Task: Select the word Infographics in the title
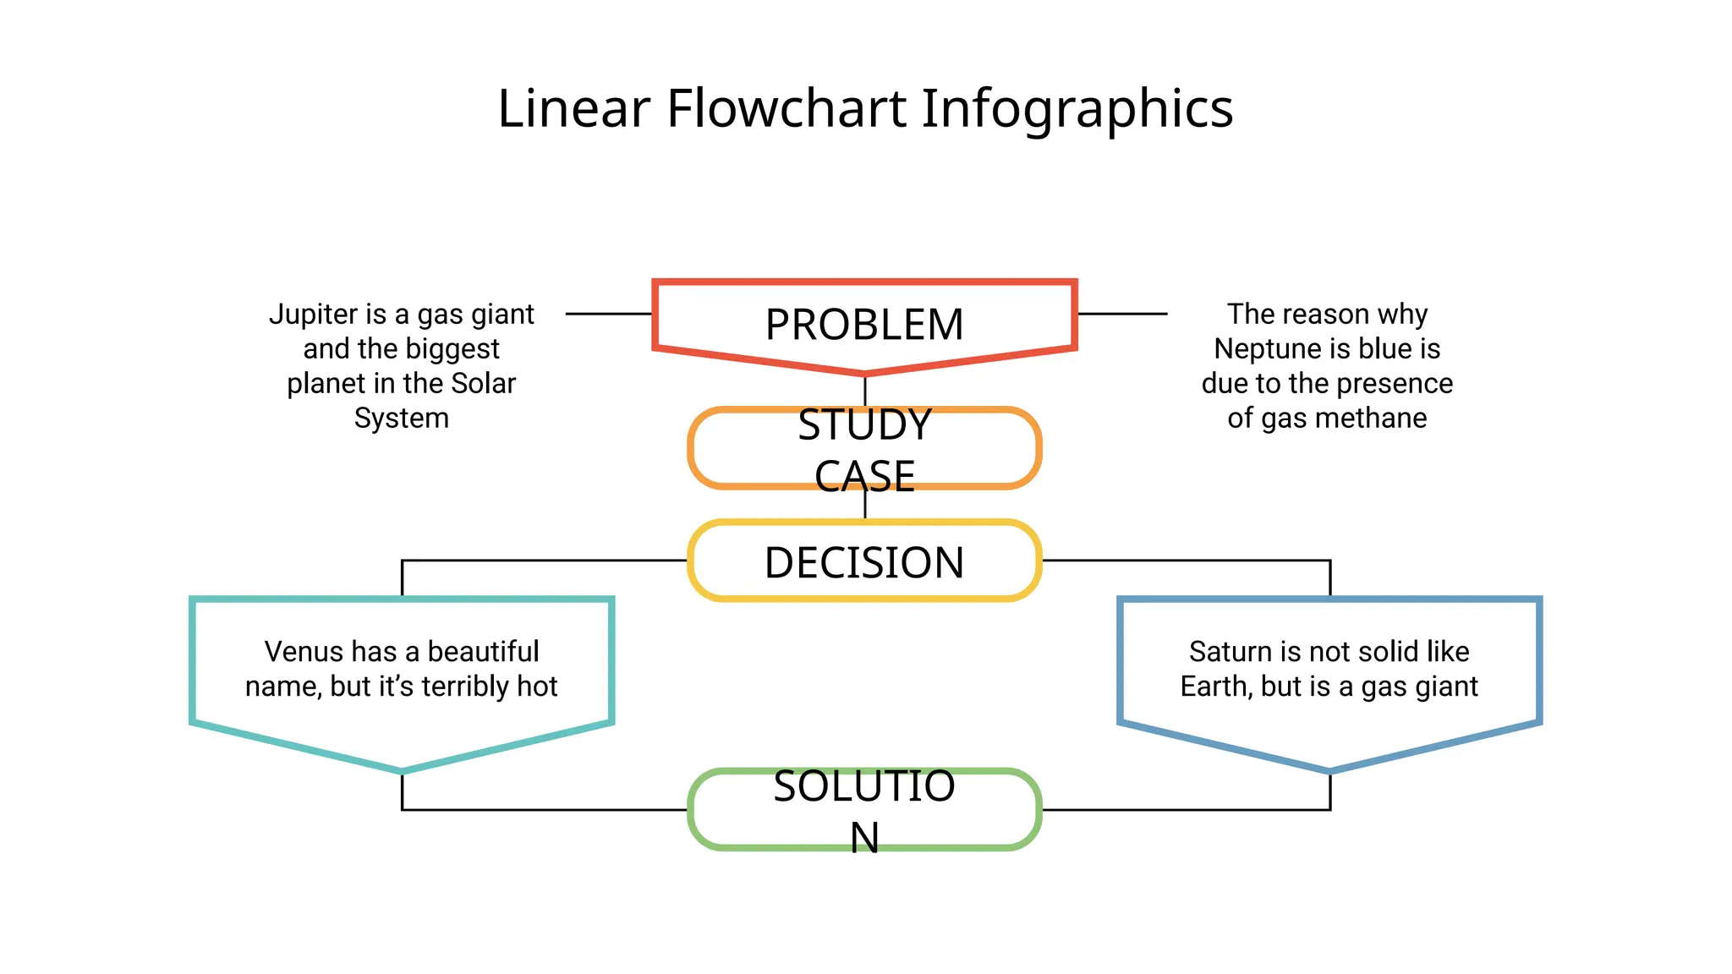click(x=1077, y=110)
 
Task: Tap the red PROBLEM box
click(x=864, y=324)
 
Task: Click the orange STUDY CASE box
click(x=864, y=449)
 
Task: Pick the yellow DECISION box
click(x=864, y=561)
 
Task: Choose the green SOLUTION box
click(x=864, y=809)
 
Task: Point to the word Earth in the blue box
click(x=1216, y=686)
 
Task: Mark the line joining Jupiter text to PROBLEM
click(x=608, y=314)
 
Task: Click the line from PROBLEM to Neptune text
click(x=1122, y=314)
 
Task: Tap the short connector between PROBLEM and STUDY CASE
click(x=864, y=391)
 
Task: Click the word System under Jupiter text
click(x=401, y=418)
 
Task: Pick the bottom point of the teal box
click(x=402, y=769)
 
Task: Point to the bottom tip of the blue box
click(x=1329, y=769)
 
